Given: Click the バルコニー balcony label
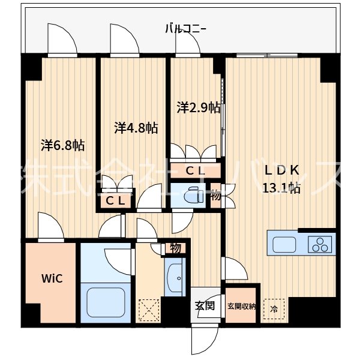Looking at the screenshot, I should pos(186,28).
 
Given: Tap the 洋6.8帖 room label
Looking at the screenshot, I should pos(62,145).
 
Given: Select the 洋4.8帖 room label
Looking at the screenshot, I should pos(136,128).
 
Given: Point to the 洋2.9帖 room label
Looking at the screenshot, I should pos(198,108).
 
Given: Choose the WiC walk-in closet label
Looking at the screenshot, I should pos(50,278).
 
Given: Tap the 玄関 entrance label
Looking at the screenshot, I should pos(205,305).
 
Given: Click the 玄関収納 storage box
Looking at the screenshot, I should pos(242,307).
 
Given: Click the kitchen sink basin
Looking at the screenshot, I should pos(284,245).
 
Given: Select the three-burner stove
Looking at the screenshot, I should pos(320,245).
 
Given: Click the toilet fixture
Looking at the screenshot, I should pos(192,196).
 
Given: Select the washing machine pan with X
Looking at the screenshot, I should pos(148,309).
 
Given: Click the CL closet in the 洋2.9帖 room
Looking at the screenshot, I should pos(196,170).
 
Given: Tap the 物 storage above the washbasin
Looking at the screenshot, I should pos(175,247).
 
